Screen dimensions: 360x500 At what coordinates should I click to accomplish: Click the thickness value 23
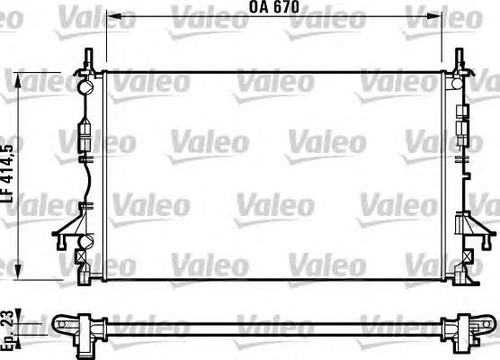click(x=8, y=317)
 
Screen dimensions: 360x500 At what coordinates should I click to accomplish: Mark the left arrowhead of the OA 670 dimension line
click(x=111, y=17)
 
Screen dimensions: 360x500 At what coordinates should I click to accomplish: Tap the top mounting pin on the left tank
click(x=88, y=58)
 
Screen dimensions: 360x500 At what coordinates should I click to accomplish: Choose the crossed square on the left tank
click(x=83, y=255)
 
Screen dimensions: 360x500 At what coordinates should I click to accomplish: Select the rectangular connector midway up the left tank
click(x=85, y=139)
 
